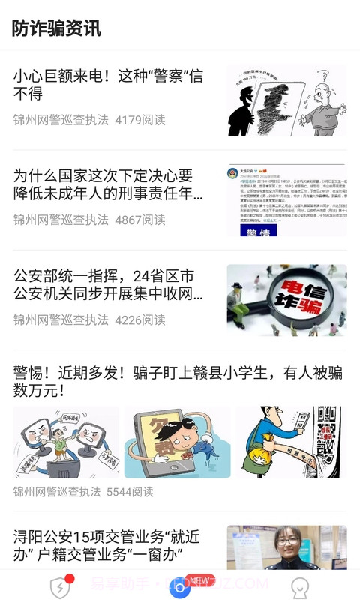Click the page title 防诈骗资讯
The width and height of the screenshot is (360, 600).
pyautogui.click(x=56, y=28)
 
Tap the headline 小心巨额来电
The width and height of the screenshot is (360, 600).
pyautogui.click(x=108, y=85)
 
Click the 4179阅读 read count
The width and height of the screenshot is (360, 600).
pyautogui.click(x=140, y=120)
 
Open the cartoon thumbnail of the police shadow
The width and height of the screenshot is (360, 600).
pyautogui.click(x=286, y=100)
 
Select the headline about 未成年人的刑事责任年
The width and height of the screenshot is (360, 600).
pyautogui.click(x=108, y=184)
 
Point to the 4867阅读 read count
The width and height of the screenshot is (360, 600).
pyautogui.click(x=140, y=220)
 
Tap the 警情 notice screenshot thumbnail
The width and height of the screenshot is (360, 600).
pyautogui.click(x=286, y=200)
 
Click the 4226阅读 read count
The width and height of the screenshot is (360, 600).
pyautogui.click(x=140, y=319)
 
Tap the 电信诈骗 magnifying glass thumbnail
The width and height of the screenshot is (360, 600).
pyautogui.click(x=286, y=300)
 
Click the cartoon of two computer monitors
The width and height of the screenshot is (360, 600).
pyautogui.click(x=66, y=442)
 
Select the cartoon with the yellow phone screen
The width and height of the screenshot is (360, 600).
pyautogui.click(x=177, y=442)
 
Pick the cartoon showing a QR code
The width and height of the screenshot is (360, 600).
pyautogui.click(x=289, y=442)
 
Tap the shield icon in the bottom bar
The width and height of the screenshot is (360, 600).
pyautogui.click(x=60, y=587)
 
